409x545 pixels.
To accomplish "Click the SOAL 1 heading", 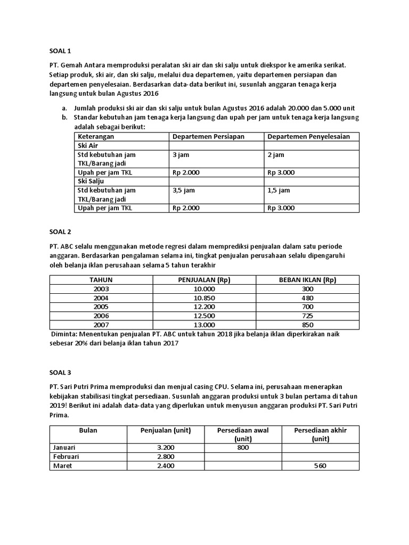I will tap(60, 51).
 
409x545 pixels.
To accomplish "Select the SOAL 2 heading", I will tap(60, 232).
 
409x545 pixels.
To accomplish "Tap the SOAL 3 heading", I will tap(60, 373).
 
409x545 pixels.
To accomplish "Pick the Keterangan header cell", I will tap(96, 137).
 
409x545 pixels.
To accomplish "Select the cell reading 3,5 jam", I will tap(184, 190).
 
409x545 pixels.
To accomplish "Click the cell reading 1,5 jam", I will tap(279, 190).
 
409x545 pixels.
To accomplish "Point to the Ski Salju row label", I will tap(91, 181).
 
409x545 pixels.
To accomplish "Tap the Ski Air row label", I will tap(88, 145).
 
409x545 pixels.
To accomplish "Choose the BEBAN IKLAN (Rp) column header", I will tap(307, 280).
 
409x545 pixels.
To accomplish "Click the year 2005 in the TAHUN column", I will tap(101, 307).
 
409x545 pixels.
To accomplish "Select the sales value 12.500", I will tap(204, 316).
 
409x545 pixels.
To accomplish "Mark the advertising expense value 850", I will tap(307, 325).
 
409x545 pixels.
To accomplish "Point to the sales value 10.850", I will tap(204, 298).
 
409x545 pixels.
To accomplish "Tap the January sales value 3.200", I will tap(166, 448).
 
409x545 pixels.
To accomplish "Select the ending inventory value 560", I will tap(320, 466).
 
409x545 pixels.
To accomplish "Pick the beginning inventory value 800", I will tap(242, 448).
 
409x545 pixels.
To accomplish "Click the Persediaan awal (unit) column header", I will tap(242, 434).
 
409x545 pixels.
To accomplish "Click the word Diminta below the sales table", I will tap(64, 334).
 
